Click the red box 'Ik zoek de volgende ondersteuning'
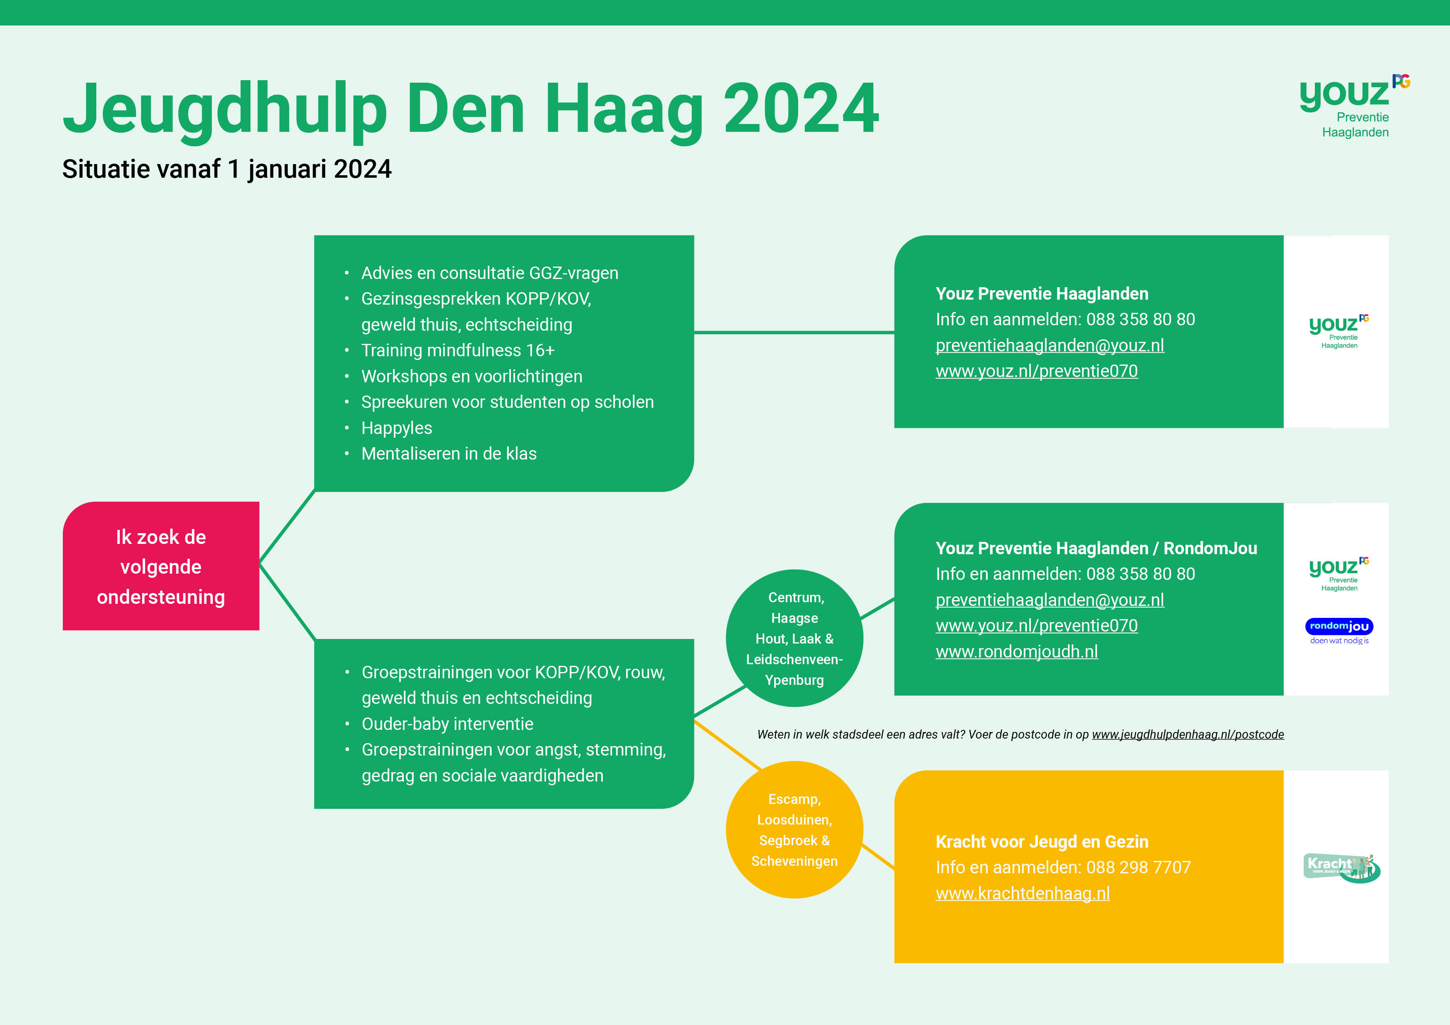161,566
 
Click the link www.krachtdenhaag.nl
1023,894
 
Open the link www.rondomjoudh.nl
1017,652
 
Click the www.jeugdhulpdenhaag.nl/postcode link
1188,734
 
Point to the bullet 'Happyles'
397,428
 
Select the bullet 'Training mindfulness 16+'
458,350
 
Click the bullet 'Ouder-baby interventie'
448,724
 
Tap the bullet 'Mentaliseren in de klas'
449,454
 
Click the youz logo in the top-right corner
1355,106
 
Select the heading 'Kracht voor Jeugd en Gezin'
1042,842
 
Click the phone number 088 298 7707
1139,868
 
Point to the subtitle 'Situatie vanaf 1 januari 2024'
227,169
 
